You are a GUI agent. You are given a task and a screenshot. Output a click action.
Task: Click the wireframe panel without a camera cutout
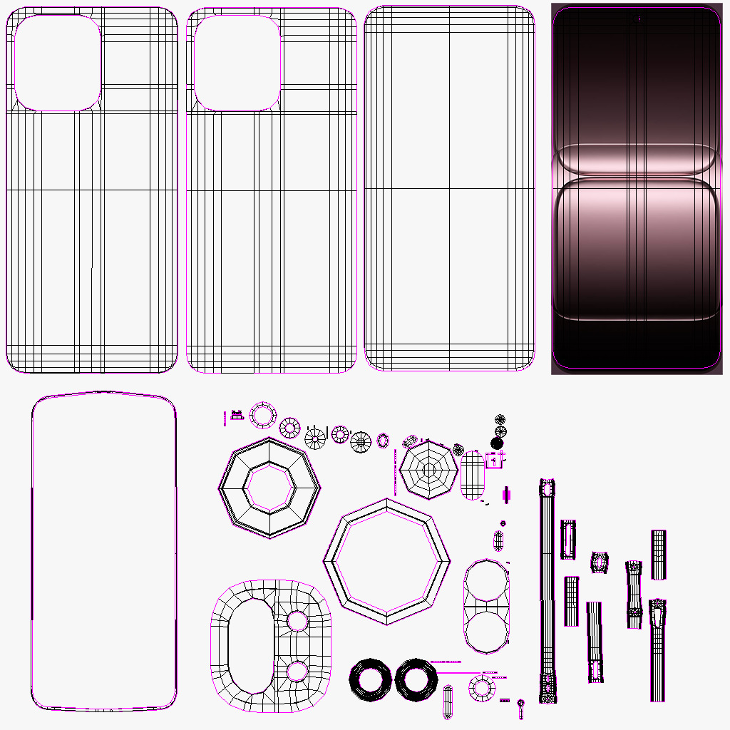coord(449,188)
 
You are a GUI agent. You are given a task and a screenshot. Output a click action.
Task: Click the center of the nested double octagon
coord(269,487)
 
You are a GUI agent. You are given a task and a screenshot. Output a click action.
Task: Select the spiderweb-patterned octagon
coord(428,469)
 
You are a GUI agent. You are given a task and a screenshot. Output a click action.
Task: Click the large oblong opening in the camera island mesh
coord(250,646)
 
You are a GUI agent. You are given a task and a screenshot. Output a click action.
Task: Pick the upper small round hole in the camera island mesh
coord(297,621)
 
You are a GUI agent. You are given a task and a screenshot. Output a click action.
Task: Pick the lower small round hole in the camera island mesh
coord(297,671)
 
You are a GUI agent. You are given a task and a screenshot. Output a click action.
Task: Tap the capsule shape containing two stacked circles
coord(487,606)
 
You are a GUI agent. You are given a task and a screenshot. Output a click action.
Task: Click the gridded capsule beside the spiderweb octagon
coord(473,477)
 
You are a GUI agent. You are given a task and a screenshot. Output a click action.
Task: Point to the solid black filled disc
coord(498,443)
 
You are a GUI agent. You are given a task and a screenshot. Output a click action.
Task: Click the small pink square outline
coord(494,461)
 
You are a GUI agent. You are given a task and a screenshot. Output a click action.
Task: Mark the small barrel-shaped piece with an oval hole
coord(600,562)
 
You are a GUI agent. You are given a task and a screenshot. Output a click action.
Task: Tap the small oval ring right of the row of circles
coord(383,441)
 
